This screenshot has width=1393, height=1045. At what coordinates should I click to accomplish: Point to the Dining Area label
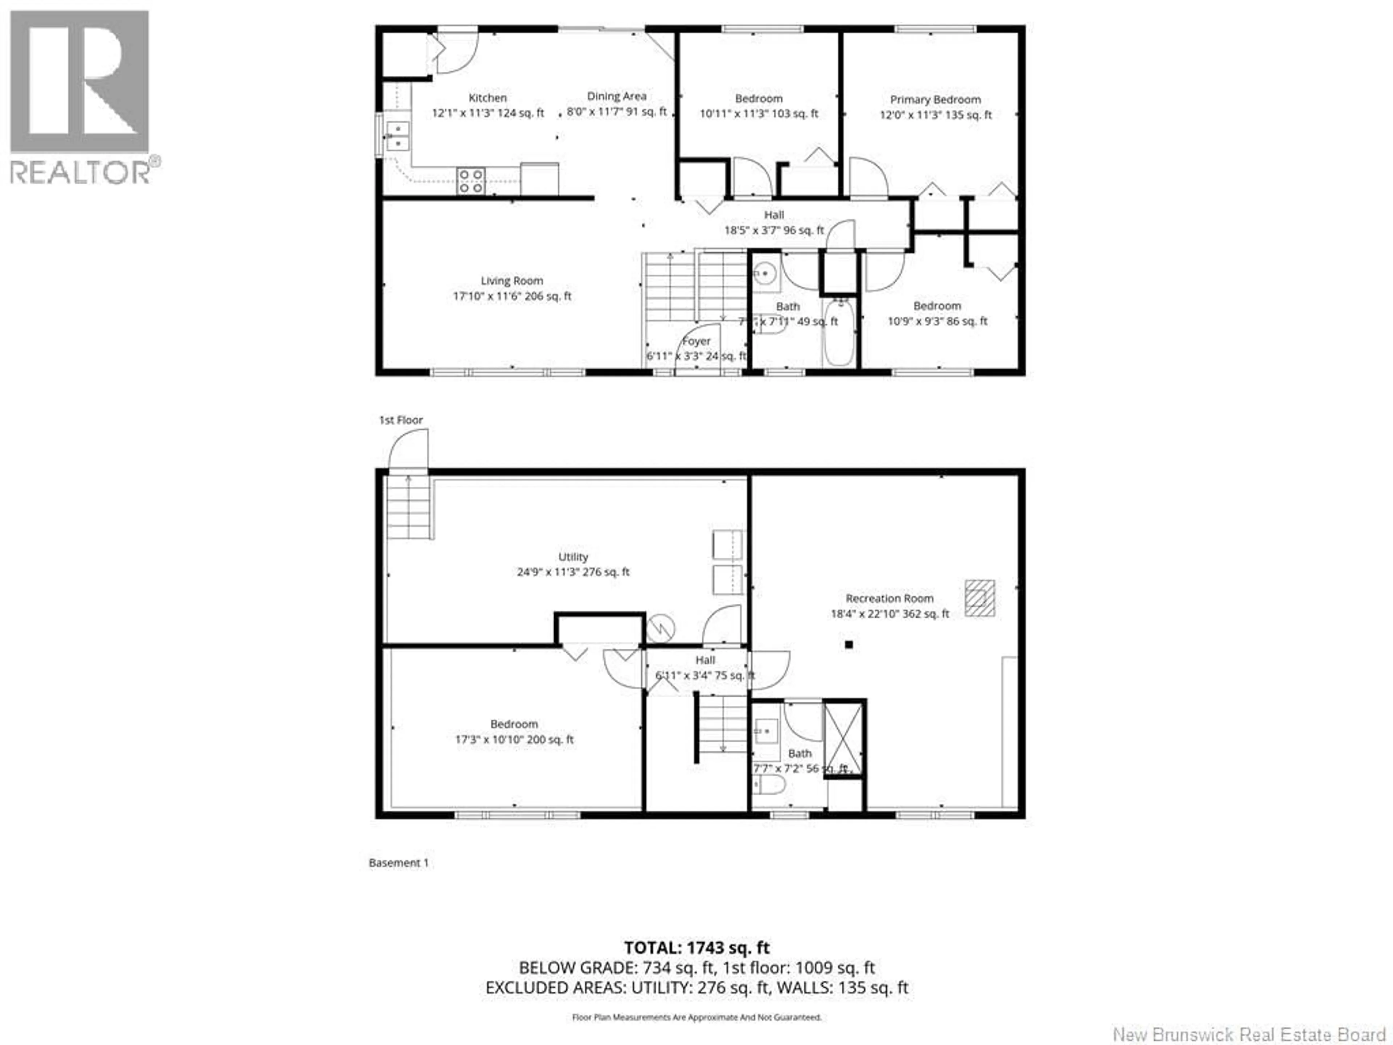(617, 97)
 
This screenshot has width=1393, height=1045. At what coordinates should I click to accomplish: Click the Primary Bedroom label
(935, 99)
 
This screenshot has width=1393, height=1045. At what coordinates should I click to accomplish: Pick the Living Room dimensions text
(512, 296)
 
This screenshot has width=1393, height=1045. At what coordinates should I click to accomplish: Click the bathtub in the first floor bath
(839, 333)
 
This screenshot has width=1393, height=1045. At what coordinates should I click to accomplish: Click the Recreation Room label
(889, 598)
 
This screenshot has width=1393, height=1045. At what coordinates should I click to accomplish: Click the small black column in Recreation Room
(849, 644)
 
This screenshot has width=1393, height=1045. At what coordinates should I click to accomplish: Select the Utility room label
(573, 557)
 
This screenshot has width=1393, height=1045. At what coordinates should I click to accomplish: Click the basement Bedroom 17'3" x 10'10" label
(514, 732)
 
